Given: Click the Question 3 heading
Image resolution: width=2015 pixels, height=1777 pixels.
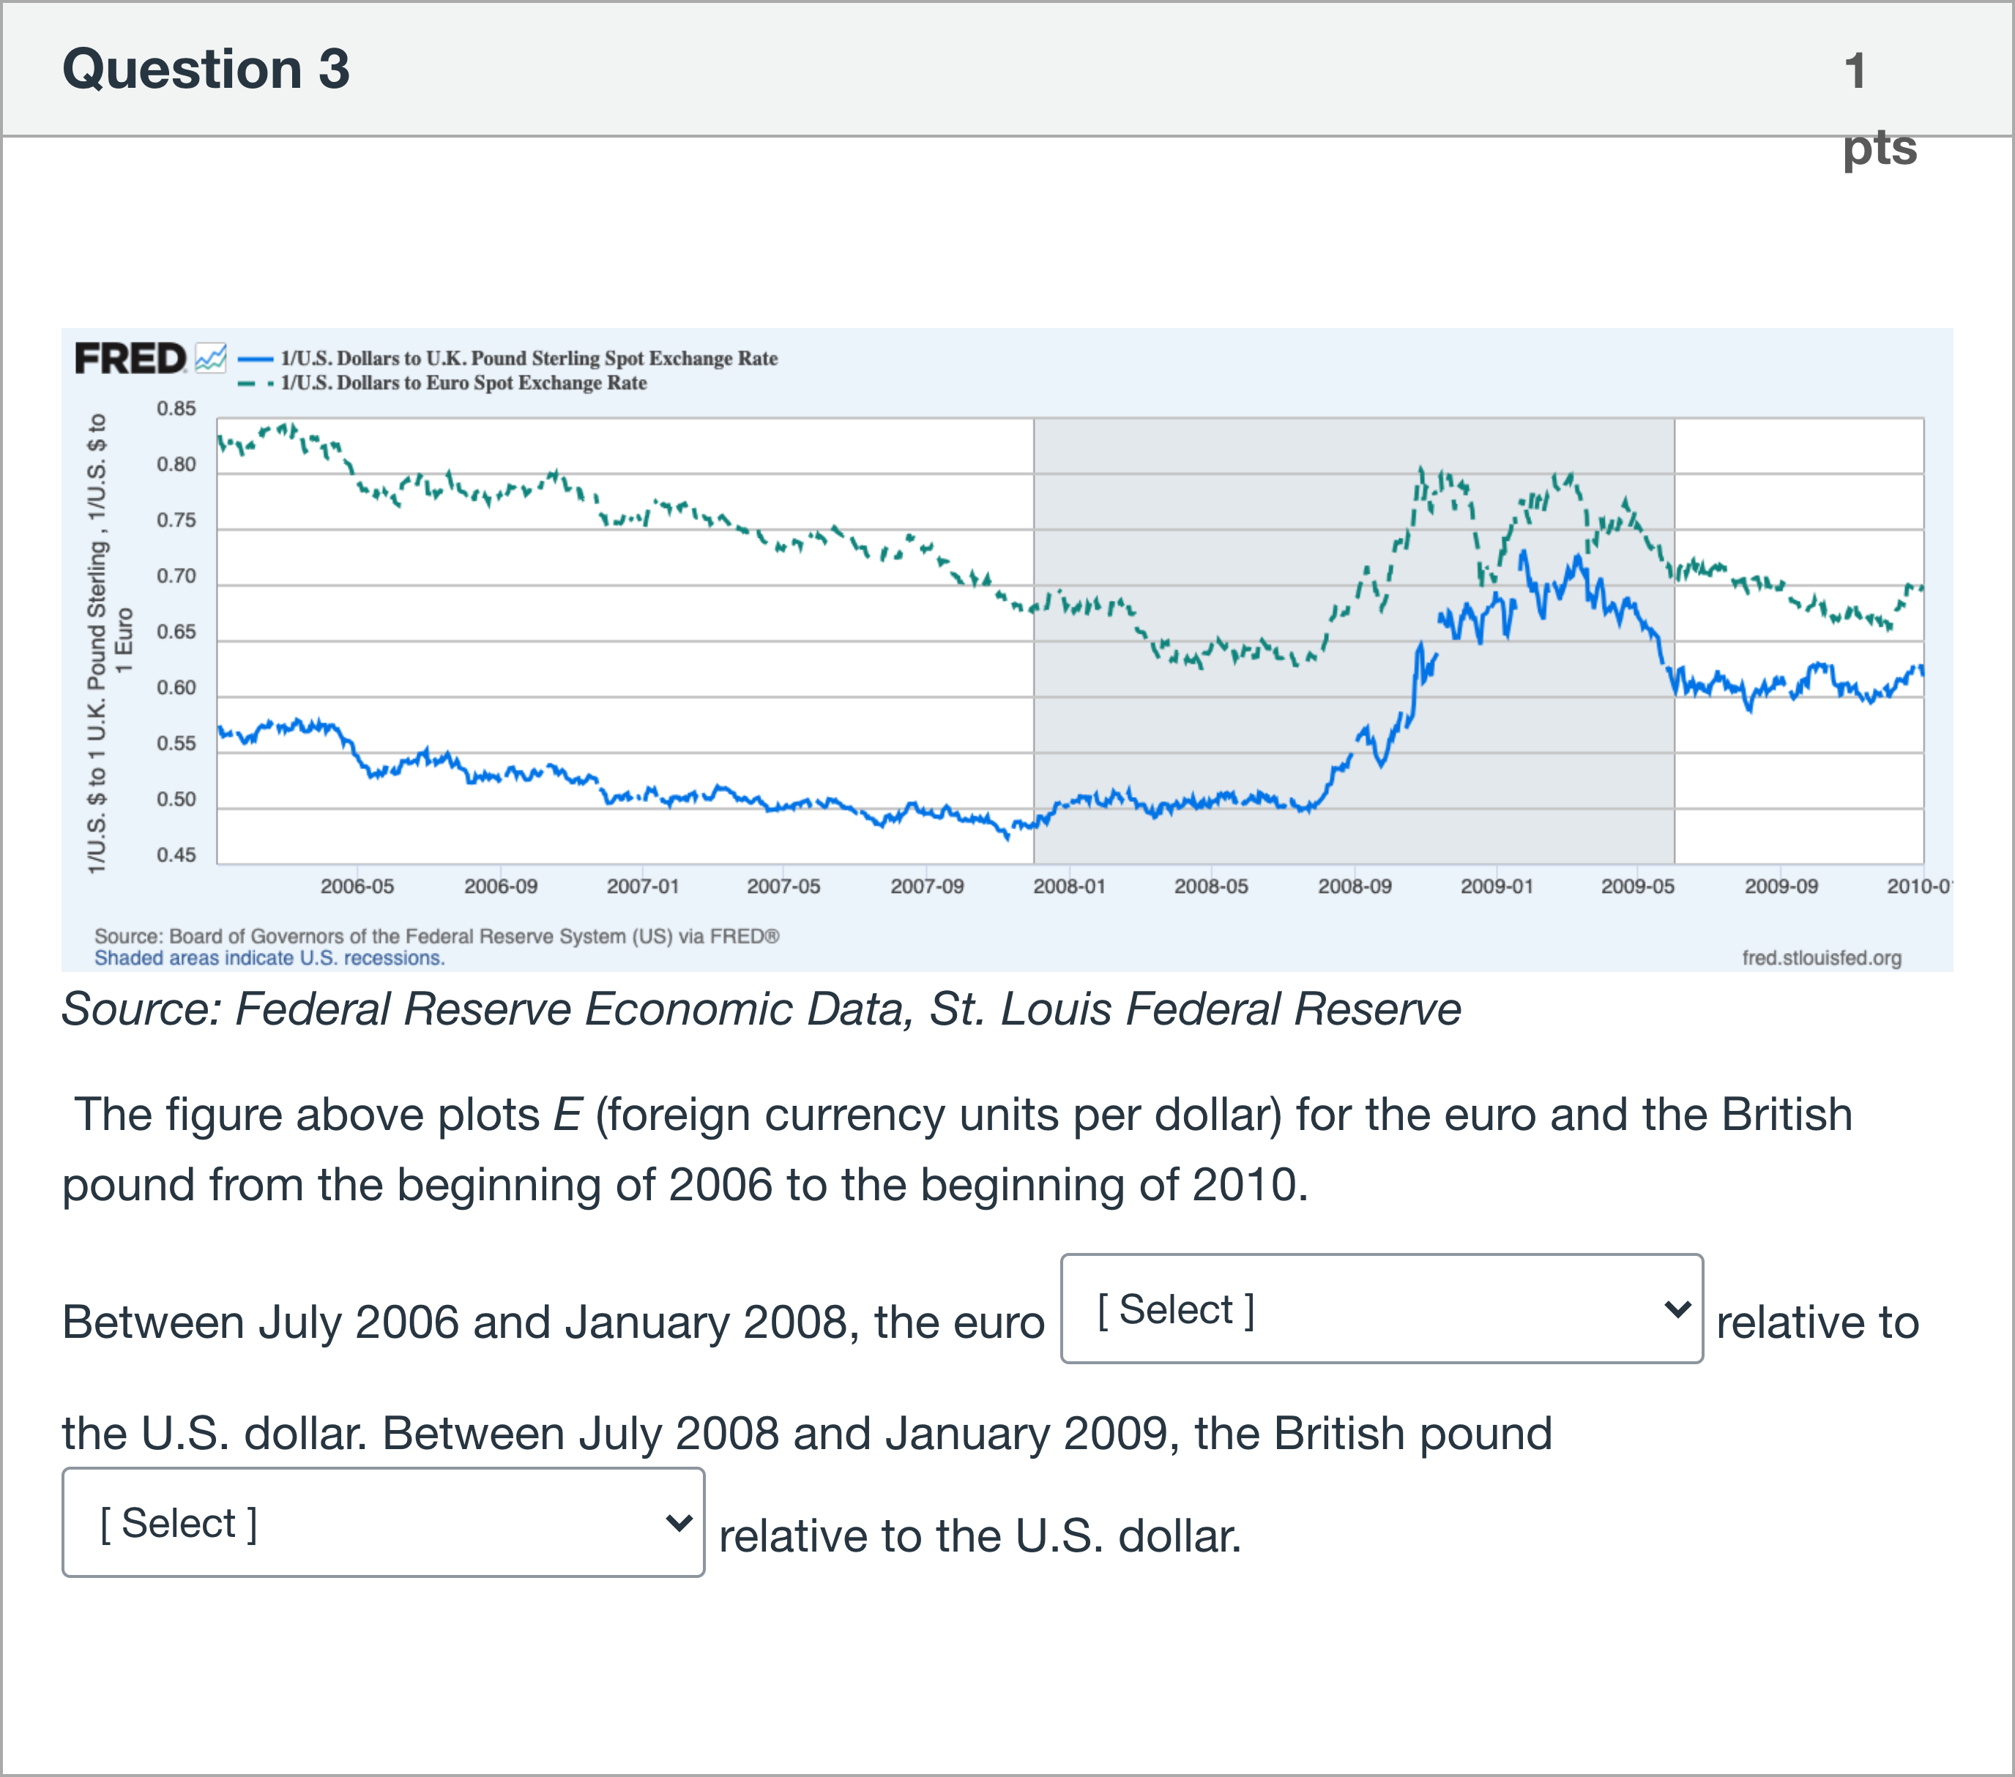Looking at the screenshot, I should coord(205,69).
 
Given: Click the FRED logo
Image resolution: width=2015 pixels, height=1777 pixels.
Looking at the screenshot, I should coord(130,359).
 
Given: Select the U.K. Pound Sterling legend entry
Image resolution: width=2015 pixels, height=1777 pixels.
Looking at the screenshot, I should coord(529,359).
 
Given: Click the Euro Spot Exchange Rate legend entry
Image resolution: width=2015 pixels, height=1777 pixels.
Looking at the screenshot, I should coord(463,384).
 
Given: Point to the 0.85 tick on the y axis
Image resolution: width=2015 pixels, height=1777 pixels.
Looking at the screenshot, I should coord(176,408).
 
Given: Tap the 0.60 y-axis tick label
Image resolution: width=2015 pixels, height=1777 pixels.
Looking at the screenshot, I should coord(176,688).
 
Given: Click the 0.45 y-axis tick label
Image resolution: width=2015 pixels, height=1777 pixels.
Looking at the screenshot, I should coord(176,856).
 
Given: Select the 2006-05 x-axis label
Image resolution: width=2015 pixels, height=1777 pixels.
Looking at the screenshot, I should coord(357,886).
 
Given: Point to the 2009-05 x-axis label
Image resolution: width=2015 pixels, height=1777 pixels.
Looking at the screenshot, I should coord(1637,886).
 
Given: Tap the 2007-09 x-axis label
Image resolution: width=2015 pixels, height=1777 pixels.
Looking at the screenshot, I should coord(927,886).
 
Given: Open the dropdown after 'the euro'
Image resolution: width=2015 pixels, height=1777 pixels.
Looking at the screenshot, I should coord(1381,1309).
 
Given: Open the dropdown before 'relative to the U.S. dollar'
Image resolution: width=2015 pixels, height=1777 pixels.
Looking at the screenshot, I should coord(382,1523).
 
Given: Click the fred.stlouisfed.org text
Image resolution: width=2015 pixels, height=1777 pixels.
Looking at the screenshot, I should coord(1821,958).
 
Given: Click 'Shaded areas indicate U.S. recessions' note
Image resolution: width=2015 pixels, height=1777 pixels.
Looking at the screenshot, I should coord(269,958).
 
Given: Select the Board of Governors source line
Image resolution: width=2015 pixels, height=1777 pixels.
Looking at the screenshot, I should coord(436,936).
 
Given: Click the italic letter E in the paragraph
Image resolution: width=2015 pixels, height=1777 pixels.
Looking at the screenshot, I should coord(567,1115).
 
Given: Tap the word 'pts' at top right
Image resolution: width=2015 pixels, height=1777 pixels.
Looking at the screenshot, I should coord(1879,148).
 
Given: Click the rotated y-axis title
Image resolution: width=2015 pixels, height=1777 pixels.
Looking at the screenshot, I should coord(108,643).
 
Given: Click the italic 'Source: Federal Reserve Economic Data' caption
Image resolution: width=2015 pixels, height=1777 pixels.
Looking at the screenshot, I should coord(760,1009).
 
